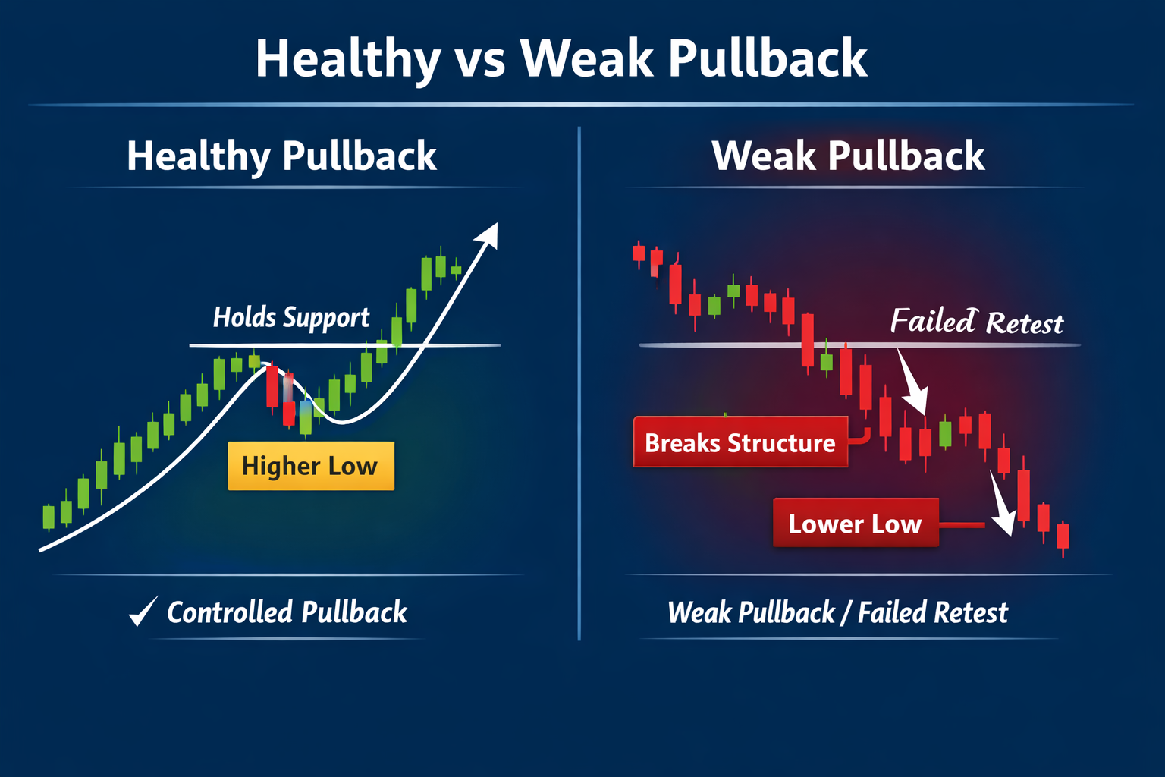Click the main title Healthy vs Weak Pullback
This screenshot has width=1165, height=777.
(x=561, y=59)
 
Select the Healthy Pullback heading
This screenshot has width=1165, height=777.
(x=281, y=156)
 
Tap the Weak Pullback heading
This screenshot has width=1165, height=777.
(x=848, y=156)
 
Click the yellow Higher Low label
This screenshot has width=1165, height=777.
(x=311, y=466)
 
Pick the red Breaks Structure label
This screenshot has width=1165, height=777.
(x=740, y=442)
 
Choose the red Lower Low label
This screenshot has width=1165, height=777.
(x=856, y=523)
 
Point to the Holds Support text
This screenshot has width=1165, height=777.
(x=291, y=317)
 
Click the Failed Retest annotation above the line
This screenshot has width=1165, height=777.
(x=977, y=322)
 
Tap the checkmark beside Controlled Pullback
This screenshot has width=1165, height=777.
(x=143, y=611)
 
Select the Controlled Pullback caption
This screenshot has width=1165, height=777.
(x=287, y=612)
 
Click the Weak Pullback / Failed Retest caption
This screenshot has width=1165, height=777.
(x=837, y=612)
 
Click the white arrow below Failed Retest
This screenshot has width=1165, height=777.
(x=913, y=383)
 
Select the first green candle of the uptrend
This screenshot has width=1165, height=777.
(x=49, y=517)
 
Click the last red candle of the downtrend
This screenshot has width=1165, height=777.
(x=1063, y=536)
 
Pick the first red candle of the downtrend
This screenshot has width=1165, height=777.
(x=639, y=253)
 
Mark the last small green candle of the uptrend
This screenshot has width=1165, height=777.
(x=456, y=269)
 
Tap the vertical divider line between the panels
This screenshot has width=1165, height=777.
(x=579, y=379)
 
